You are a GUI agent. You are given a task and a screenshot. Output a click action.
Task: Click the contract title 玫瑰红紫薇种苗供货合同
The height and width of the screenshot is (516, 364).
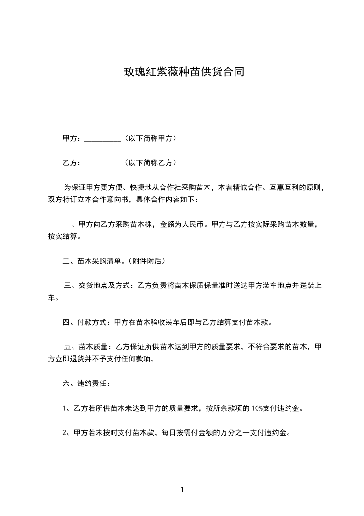pyautogui.click(x=182, y=72)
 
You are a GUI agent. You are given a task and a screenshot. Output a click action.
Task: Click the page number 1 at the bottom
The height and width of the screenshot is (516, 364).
pyautogui.click(x=182, y=490)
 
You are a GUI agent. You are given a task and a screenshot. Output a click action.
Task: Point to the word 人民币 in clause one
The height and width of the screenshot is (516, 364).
pyautogui.click(x=196, y=224)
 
